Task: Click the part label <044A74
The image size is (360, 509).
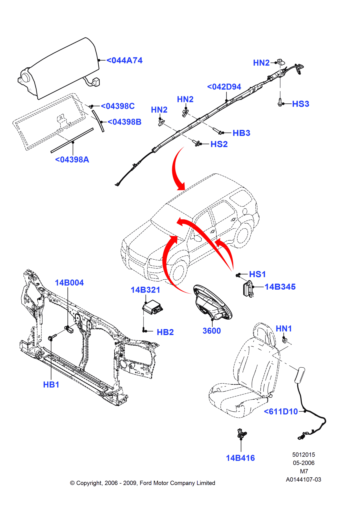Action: tap(124, 61)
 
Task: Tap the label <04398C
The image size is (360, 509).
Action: tap(118, 106)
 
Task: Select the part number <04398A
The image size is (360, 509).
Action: tap(72, 160)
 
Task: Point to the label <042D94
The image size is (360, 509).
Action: tap(224, 87)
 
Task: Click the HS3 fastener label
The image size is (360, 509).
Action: tap(301, 104)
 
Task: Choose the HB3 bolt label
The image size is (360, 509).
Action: tap(241, 133)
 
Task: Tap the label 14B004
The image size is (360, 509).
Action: tap(69, 283)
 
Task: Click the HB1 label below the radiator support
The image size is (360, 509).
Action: tap(51, 385)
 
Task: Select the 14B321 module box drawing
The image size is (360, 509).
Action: tap(152, 307)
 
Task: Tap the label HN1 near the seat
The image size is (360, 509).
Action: tap(284, 329)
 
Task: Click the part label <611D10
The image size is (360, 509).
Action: tap(281, 412)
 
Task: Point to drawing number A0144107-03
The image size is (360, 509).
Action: tap(303, 480)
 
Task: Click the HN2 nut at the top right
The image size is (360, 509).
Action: tap(280, 62)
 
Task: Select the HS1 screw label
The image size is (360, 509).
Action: tap(257, 274)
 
